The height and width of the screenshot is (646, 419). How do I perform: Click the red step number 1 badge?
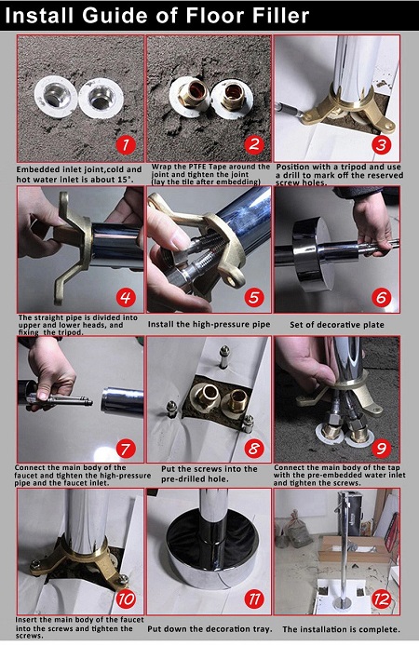click(x=126, y=145)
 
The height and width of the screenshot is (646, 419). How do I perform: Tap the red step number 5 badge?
click(x=254, y=297)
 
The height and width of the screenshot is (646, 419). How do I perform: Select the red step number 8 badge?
click(x=254, y=449)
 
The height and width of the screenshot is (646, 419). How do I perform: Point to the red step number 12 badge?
click(x=382, y=599)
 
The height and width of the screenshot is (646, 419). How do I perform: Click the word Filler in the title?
click(x=270, y=15)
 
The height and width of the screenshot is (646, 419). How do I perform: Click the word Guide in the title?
click(x=113, y=15)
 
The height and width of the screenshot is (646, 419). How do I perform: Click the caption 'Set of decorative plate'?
click(x=337, y=325)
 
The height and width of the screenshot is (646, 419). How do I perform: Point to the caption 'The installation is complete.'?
click(x=341, y=629)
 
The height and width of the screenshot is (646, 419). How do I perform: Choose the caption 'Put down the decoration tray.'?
click(x=210, y=629)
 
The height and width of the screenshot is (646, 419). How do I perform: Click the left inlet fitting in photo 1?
click(x=56, y=96)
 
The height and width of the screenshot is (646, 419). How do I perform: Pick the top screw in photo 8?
click(x=224, y=357)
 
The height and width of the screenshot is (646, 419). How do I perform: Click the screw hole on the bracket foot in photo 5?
click(x=237, y=282)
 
